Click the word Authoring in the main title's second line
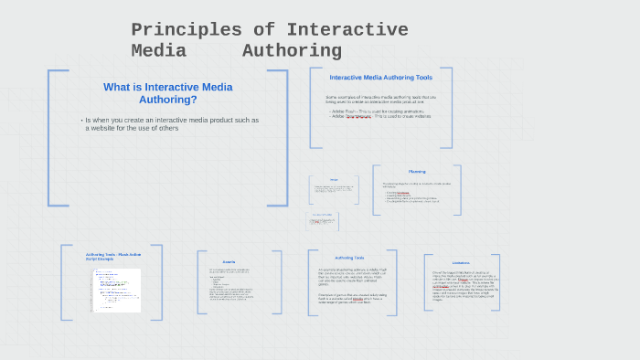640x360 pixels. [x=292, y=51]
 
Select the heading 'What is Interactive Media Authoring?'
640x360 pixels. [x=167, y=93]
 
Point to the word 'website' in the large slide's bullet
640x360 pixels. [x=107, y=129]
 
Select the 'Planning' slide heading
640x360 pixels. [x=416, y=172]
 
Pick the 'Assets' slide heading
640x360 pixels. [x=229, y=260]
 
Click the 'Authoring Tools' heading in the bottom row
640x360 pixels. [x=350, y=258]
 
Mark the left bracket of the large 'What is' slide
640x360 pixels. [x=50, y=137]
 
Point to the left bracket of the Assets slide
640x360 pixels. [x=199, y=287]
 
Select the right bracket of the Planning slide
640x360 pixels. [x=459, y=190]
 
